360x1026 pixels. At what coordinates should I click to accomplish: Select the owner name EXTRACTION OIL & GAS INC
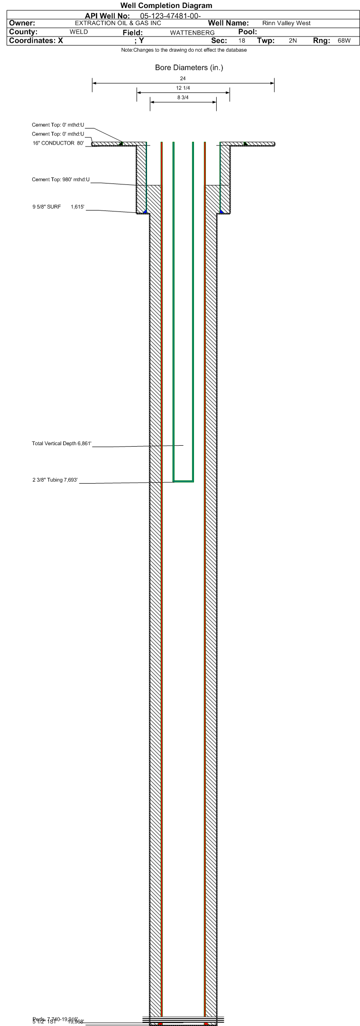tap(118, 23)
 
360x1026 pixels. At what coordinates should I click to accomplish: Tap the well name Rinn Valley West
tap(286, 23)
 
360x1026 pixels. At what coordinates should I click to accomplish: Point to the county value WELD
tap(79, 32)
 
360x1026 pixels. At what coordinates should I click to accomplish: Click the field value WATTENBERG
tap(192, 33)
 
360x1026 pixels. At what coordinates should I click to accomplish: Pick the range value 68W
tap(344, 41)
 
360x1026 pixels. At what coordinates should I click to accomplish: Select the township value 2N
tap(293, 41)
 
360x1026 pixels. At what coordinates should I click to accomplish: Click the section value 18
tap(242, 41)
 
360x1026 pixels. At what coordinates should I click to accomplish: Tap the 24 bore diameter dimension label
tap(183, 78)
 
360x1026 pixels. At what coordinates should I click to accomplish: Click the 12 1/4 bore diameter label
tap(183, 88)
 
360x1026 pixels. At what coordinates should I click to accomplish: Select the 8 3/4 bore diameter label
tap(183, 98)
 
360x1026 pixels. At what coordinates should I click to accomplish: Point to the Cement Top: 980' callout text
tap(61, 180)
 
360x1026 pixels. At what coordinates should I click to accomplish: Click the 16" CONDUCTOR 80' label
tap(58, 143)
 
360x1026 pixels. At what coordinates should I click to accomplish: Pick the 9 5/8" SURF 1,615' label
tap(58, 207)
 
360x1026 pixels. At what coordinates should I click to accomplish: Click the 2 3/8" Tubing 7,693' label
tap(55, 480)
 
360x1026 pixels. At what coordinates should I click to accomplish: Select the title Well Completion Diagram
tap(166, 6)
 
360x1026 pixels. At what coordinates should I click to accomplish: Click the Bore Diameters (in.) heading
tap(189, 68)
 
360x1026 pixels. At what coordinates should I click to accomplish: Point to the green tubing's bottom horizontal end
tap(183, 481)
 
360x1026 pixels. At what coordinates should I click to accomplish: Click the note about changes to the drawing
tap(184, 50)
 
